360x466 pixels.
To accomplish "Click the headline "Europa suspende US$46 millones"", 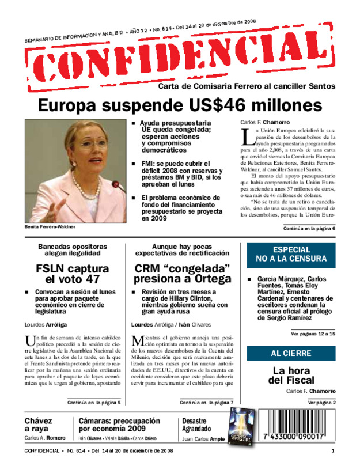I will pos(180,106).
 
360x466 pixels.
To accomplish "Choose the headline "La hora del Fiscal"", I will pos(294,375).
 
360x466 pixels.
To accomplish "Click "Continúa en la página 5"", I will pos(94,402).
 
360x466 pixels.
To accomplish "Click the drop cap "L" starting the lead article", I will pos(246,137).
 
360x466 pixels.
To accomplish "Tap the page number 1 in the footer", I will pos(333,450).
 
